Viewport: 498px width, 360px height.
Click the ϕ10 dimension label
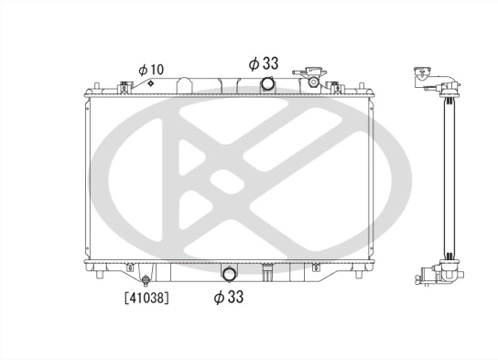(151, 69)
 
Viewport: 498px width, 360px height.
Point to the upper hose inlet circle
(267, 85)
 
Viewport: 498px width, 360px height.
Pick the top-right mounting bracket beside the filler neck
(335, 87)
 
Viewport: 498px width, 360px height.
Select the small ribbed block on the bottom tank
(267, 272)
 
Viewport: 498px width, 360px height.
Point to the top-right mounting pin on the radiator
(363, 88)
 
